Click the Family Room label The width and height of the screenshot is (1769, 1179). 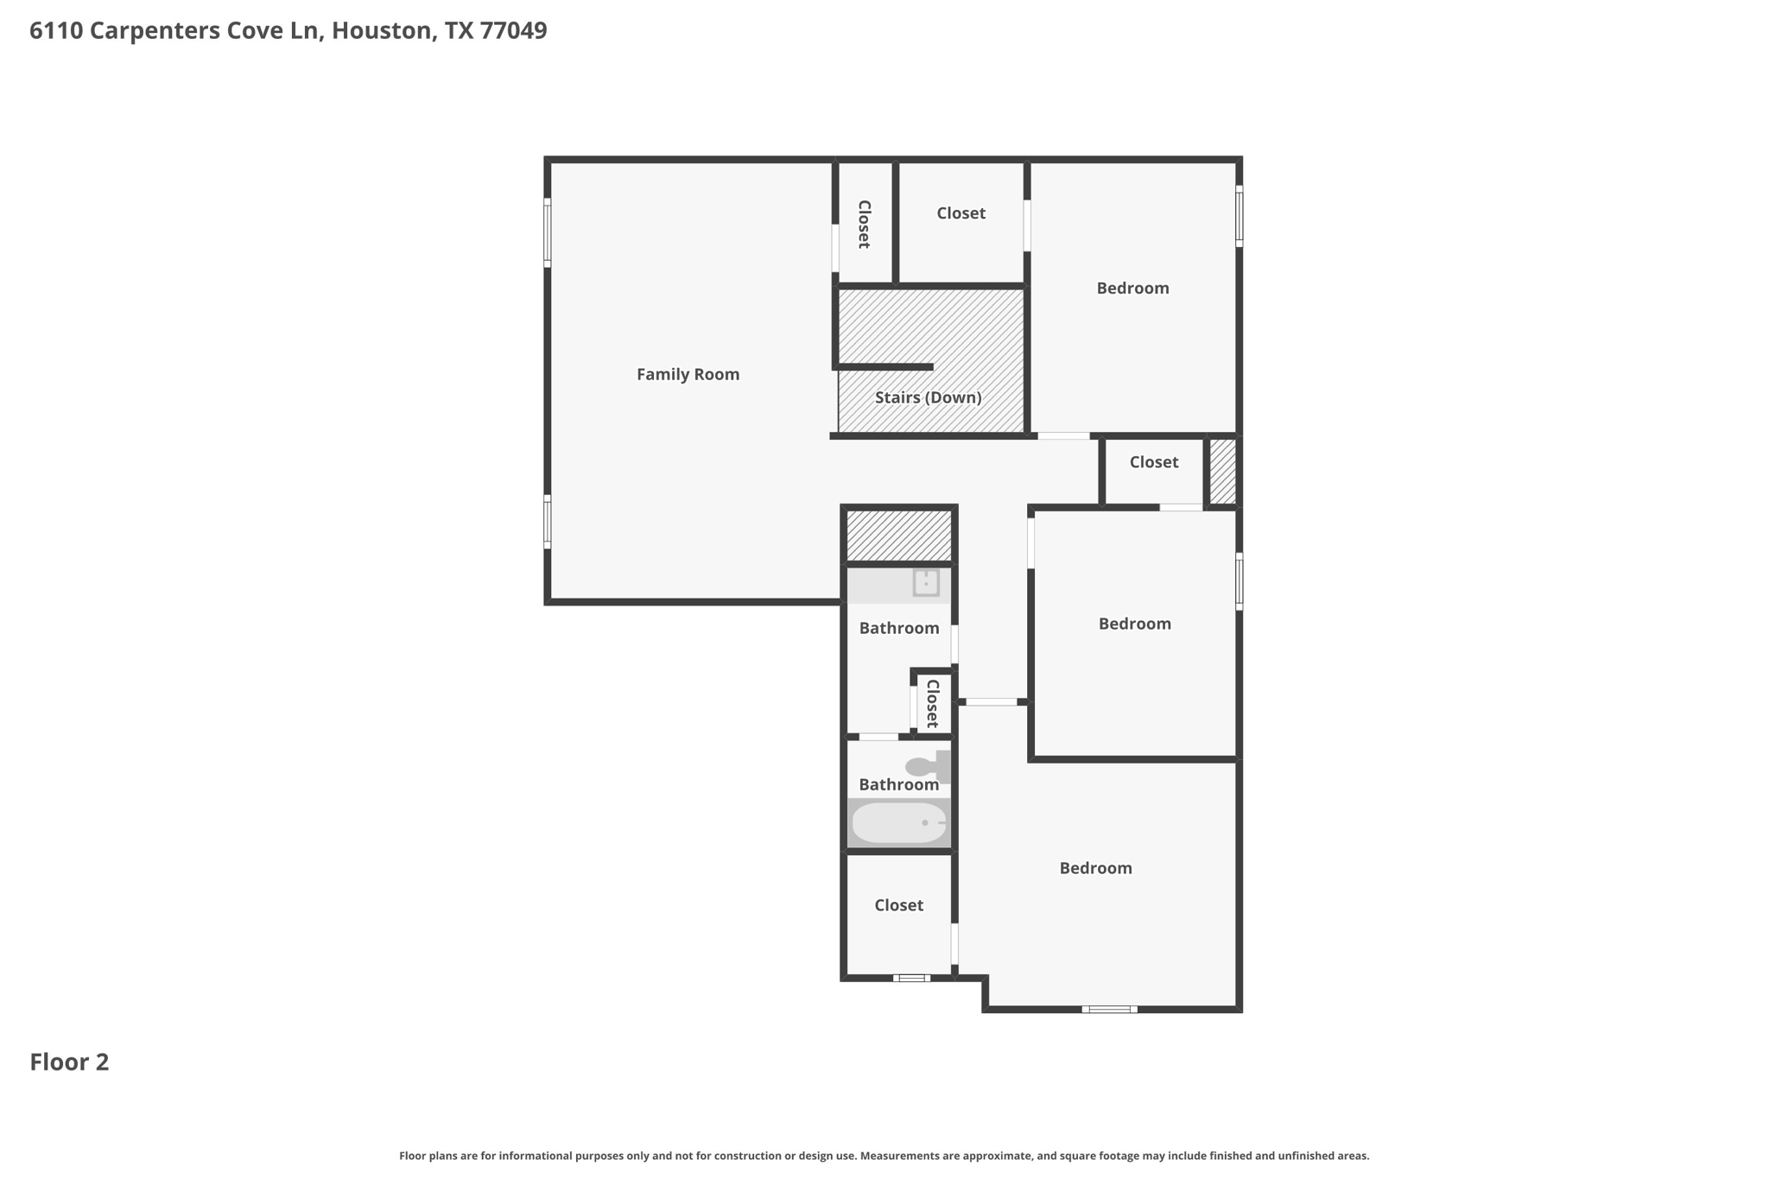(688, 374)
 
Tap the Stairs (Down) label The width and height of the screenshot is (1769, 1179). (929, 397)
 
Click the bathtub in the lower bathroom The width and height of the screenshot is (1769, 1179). (899, 823)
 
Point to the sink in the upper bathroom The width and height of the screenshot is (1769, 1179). (926, 582)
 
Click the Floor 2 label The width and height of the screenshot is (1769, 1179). (70, 1062)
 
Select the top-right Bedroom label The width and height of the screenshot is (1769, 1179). (1132, 288)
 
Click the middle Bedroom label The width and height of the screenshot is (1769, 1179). (1134, 624)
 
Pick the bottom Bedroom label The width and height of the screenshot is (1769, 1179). (1095, 868)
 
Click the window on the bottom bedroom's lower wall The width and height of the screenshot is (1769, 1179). (1109, 1009)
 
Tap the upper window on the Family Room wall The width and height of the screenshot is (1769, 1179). (548, 232)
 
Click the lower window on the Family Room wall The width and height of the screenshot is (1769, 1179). (548, 522)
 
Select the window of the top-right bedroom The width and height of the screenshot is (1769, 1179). (1239, 216)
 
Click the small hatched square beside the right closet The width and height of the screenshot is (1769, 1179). (1222, 471)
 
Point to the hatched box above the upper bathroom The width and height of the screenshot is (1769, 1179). (898, 536)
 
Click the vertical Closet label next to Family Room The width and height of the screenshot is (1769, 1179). (864, 224)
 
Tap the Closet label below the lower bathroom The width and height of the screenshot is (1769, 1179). (898, 905)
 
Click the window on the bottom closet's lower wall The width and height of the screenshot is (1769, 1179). (911, 978)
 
